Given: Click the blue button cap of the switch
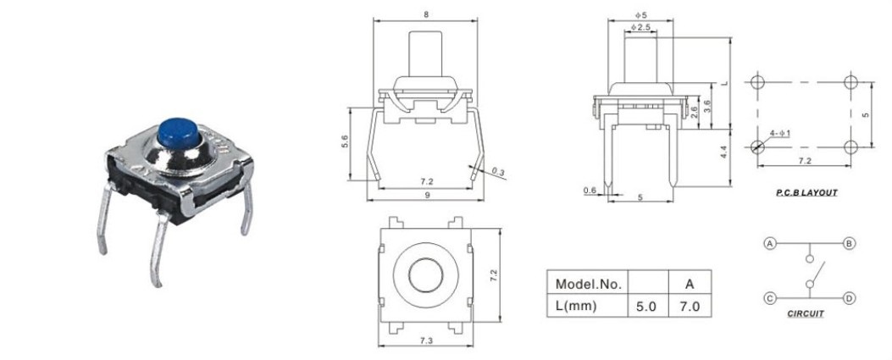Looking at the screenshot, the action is (x=178, y=132).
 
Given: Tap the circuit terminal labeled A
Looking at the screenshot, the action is (x=770, y=243).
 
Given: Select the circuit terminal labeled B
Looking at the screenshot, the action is (x=849, y=243).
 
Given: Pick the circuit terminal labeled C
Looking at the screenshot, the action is (x=770, y=298).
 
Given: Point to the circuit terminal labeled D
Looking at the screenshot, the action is (x=849, y=298).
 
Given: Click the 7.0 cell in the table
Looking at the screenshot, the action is (x=690, y=306).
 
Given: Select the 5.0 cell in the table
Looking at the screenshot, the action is (x=647, y=306).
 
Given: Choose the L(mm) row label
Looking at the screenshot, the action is (x=576, y=306).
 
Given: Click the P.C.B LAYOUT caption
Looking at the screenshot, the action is (x=806, y=193).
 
